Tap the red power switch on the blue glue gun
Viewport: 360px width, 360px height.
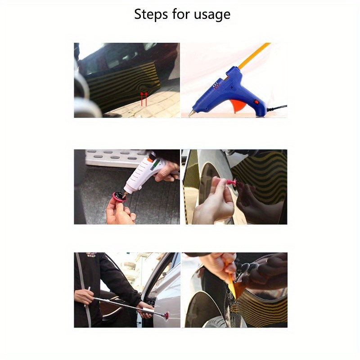(256, 101)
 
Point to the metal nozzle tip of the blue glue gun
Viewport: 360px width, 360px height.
(191, 113)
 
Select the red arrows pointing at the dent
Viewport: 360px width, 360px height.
(144, 99)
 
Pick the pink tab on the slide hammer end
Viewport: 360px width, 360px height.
(166, 315)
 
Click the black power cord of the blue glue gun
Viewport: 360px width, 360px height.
(276, 108)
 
